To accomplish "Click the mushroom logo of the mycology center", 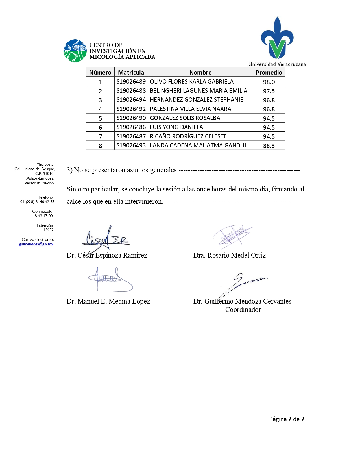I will coord(75,51).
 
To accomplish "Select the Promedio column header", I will coord(269,72).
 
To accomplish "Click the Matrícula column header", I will coord(131,72).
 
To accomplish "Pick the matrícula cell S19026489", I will coord(131,82).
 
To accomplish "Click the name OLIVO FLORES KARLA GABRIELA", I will coord(191,82).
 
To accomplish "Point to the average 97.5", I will coord(269,91).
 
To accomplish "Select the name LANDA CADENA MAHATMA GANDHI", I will coord(198,145).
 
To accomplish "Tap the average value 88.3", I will coord(269,146).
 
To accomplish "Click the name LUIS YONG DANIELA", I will coord(176,127).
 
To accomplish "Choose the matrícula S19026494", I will coord(131,100).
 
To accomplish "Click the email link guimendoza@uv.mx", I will coord(36,244).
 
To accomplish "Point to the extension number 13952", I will coord(48,230).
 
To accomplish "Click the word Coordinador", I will coord(243,310).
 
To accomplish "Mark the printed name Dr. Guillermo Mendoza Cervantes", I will coord(242,301).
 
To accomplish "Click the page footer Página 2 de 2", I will coord(287,419).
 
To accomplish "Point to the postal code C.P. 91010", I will coord(44,173).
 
